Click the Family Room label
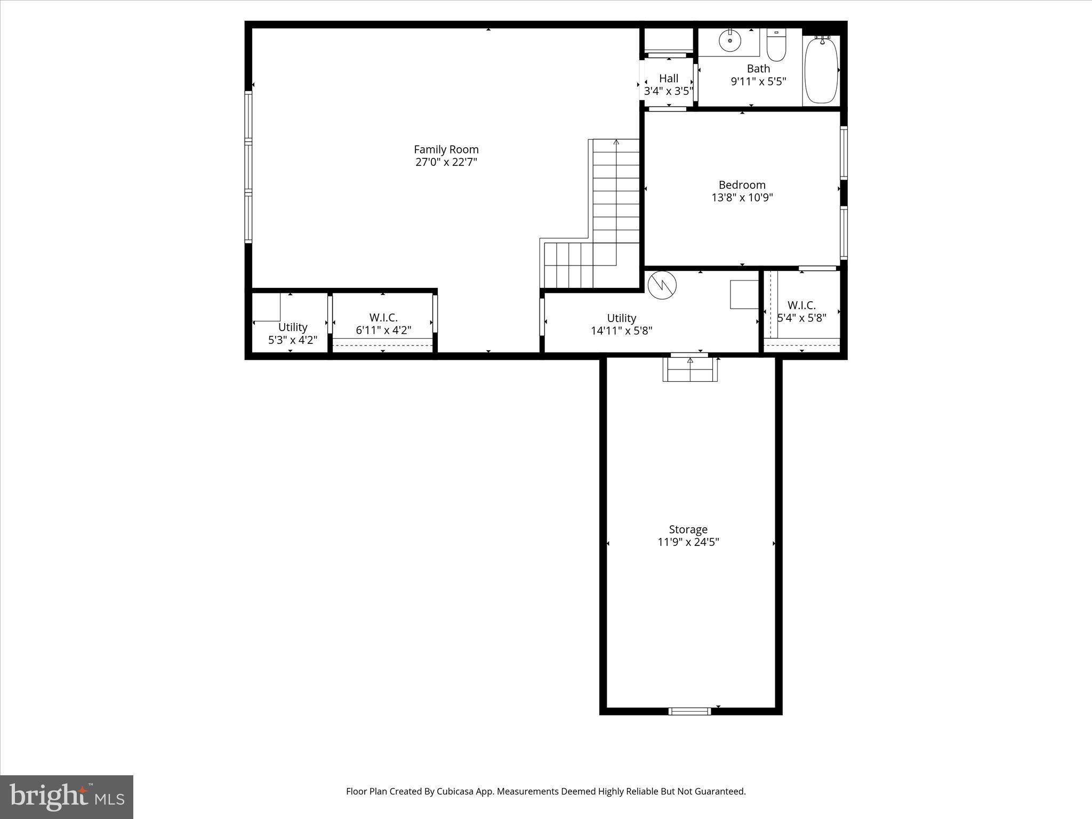(446, 149)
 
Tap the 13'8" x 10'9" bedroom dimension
(742, 198)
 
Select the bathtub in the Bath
(821, 70)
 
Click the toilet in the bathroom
(776, 47)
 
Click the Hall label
(668, 78)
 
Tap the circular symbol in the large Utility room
(662, 285)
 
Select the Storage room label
(688, 529)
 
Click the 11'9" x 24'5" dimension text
(688, 542)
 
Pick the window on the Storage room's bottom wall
(689, 711)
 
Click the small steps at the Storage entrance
(690, 370)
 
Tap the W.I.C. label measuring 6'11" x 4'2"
(383, 318)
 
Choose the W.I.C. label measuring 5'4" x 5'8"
(801, 305)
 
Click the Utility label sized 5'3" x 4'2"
(292, 327)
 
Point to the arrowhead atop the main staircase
(616, 142)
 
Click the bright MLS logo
(67, 797)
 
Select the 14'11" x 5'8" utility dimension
(621, 331)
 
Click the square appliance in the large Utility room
(744, 294)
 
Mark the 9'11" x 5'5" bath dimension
(758, 82)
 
